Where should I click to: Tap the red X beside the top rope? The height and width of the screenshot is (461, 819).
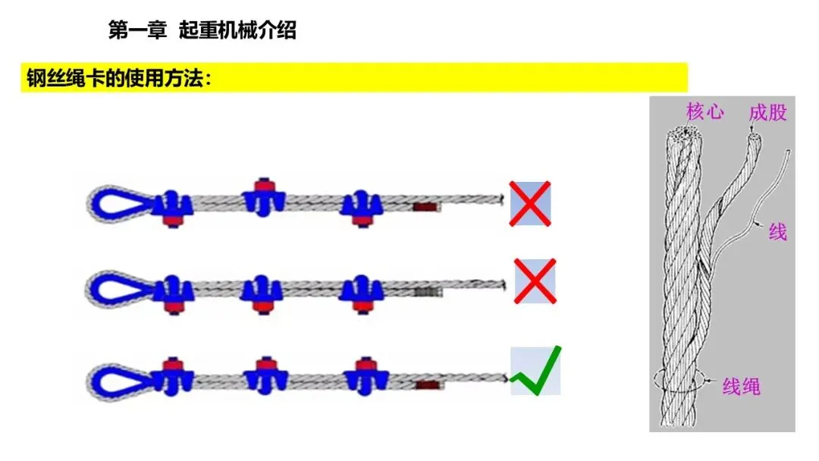click(530, 203)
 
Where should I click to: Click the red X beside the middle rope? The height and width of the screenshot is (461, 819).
click(535, 281)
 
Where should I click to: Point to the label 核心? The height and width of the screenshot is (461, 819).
click(704, 112)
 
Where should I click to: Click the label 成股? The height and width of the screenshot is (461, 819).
click(767, 113)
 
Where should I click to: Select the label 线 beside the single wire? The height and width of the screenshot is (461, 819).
click(777, 231)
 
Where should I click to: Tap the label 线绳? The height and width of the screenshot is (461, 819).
click(741, 387)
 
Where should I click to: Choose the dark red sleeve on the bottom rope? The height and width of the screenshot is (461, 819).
click(426, 385)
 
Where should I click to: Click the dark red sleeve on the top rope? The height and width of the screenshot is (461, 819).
click(425, 205)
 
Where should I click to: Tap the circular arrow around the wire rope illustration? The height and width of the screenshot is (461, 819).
click(679, 383)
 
